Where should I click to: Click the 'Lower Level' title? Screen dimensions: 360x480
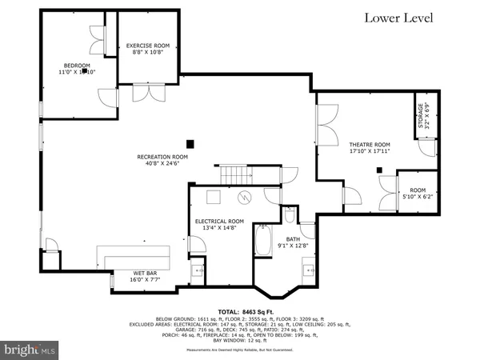click(398, 18)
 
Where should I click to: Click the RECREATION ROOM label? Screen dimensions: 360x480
click(162, 157)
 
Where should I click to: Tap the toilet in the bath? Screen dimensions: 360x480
click(289, 214)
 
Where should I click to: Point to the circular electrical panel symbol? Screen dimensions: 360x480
click(248, 198)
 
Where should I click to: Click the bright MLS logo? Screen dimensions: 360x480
click(30, 350)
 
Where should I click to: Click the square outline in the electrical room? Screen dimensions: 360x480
click(214, 198)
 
